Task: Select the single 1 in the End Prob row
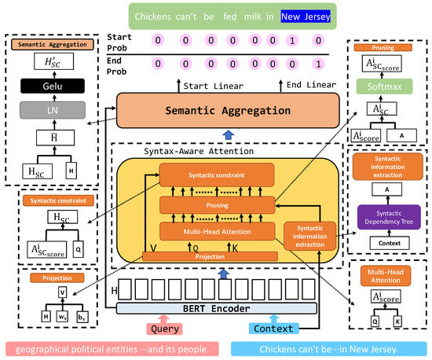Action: click(x=317, y=63)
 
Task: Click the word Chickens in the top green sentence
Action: click(x=155, y=15)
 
